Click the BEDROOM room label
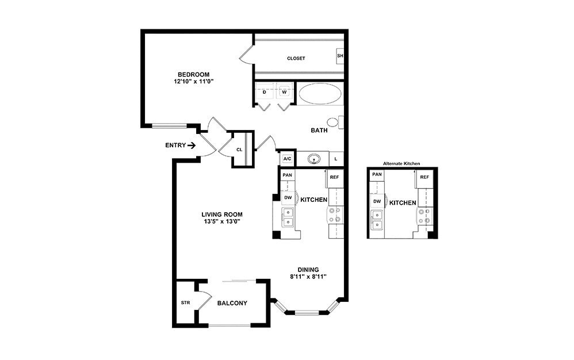point(193,74)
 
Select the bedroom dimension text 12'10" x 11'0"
point(193,82)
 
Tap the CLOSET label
point(296,58)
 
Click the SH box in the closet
point(340,56)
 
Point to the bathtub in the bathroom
point(320,94)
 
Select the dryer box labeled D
point(265,92)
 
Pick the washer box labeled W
point(284,92)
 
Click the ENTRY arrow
point(192,145)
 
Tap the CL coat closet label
point(239,150)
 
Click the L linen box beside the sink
point(336,159)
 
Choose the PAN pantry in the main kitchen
point(287,175)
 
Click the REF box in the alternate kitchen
point(424,177)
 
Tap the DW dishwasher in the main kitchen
point(288,197)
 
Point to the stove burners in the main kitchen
point(334,215)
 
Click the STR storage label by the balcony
point(185,302)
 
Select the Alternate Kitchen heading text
point(402,164)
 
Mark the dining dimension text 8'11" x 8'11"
point(308,277)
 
